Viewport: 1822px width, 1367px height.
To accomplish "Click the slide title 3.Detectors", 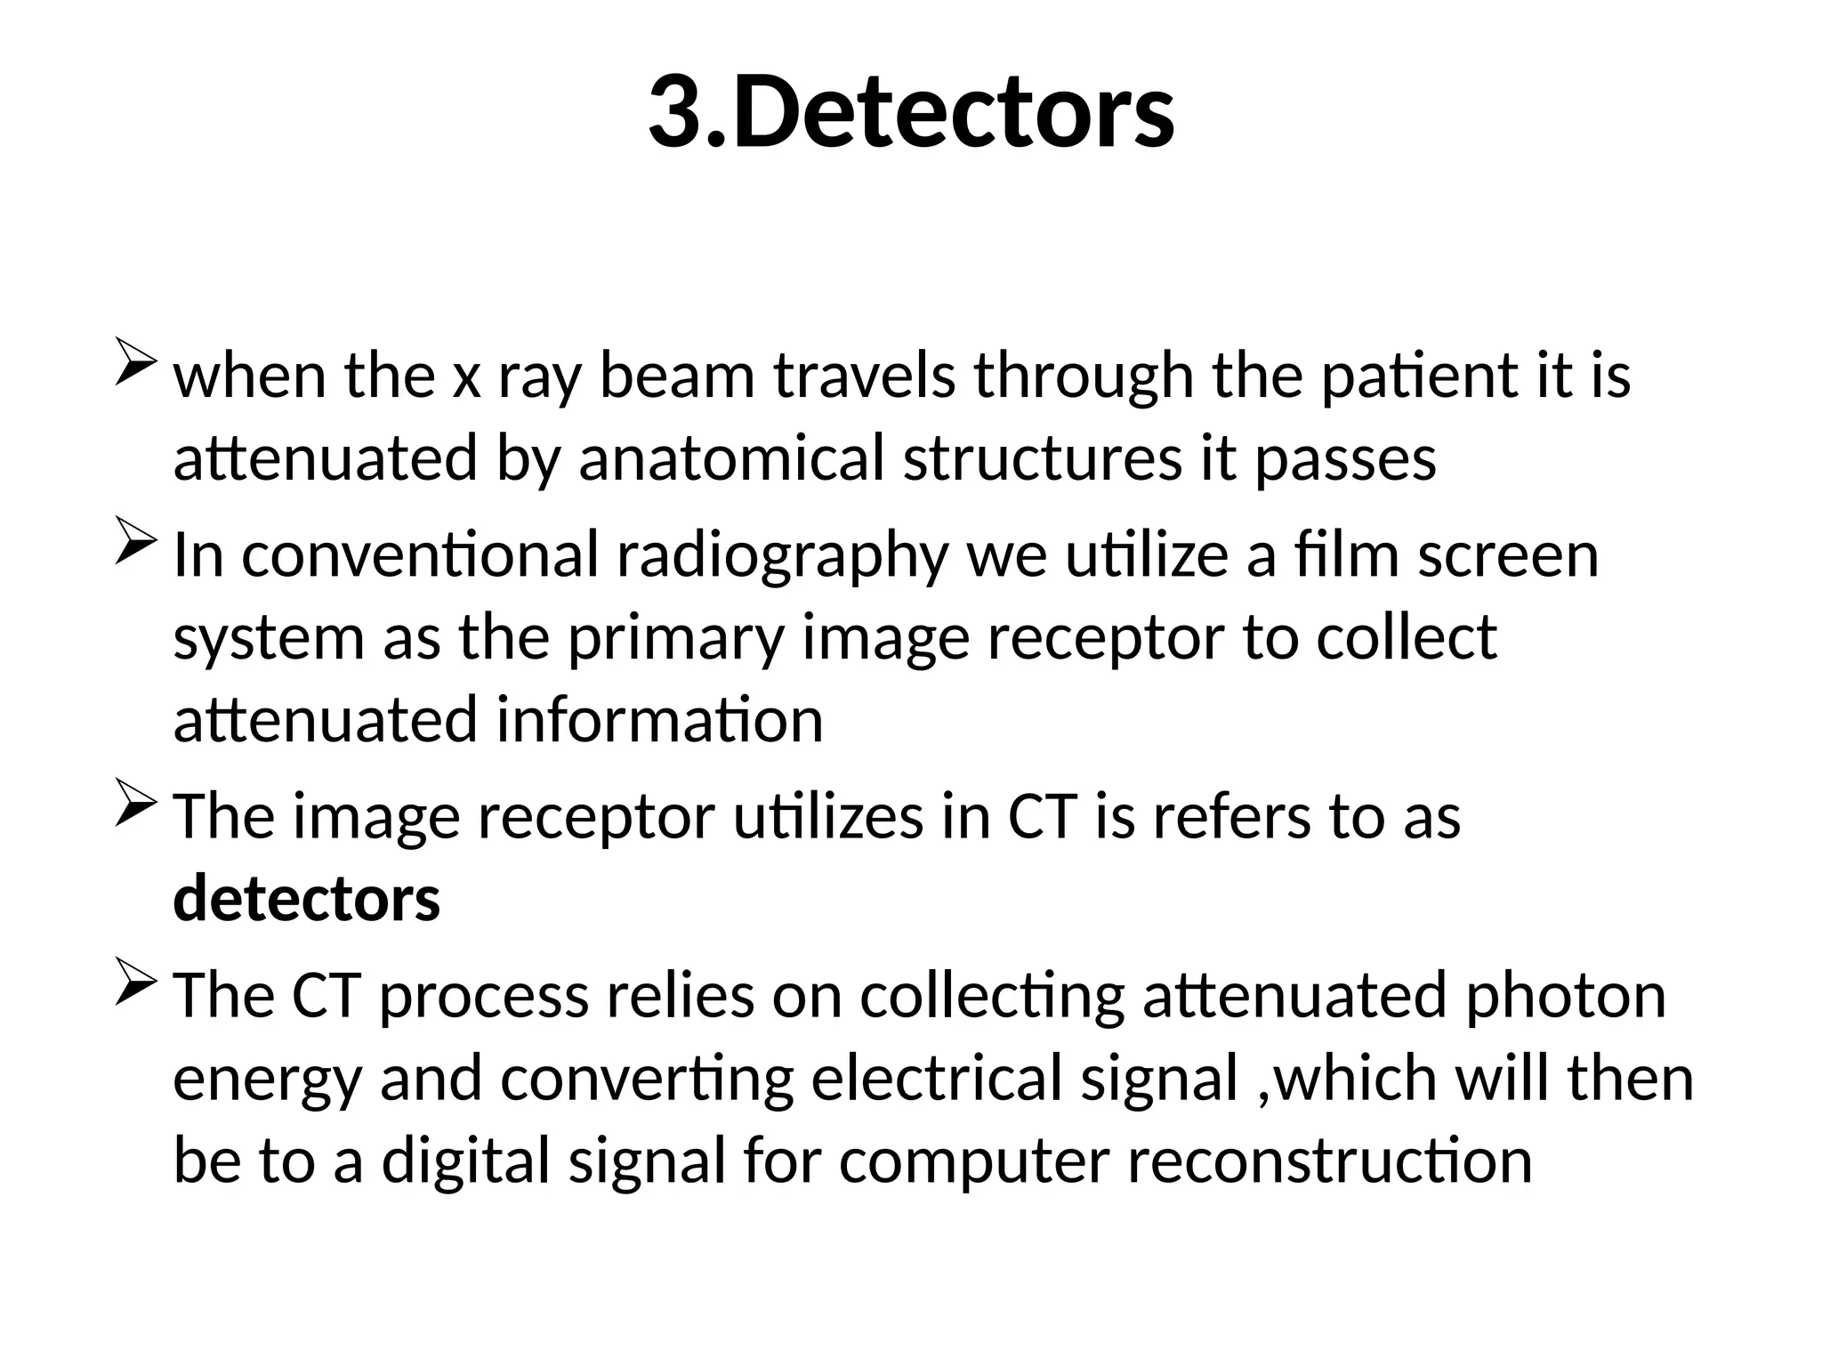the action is (911, 113).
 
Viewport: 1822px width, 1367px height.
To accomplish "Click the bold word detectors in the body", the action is (306, 899).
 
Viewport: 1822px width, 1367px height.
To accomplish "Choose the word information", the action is (659, 720).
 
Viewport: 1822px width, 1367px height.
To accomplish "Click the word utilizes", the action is (828, 816).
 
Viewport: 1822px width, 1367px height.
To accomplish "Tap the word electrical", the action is (937, 1078).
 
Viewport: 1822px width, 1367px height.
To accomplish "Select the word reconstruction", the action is (1330, 1161).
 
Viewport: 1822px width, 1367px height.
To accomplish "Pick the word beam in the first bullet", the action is (677, 375).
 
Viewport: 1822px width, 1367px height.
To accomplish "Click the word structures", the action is (1043, 458).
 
